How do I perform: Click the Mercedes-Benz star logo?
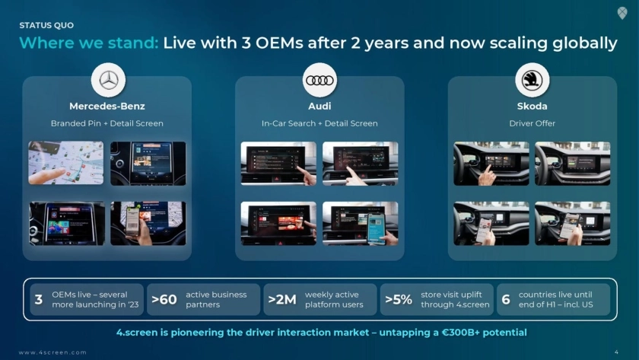(108, 81)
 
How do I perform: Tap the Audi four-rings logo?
(320, 81)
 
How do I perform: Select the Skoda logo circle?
(532, 80)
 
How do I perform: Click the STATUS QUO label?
(46, 25)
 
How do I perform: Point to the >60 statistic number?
(164, 300)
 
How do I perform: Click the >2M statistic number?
(282, 300)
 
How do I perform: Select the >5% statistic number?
(399, 300)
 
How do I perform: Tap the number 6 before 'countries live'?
(506, 300)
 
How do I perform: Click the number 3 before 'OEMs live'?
(39, 300)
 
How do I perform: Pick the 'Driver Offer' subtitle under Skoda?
(532, 123)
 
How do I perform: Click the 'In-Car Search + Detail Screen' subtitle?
(319, 123)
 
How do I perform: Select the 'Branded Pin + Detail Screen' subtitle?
(107, 123)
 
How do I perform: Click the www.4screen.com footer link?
(52, 352)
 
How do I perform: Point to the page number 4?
(616, 352)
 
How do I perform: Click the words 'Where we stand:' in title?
(88, 43)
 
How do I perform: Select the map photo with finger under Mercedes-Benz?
(66, 163)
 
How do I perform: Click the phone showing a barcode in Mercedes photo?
(133, 221)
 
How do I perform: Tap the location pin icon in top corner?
(622, 13)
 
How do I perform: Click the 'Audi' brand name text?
(319, 106)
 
